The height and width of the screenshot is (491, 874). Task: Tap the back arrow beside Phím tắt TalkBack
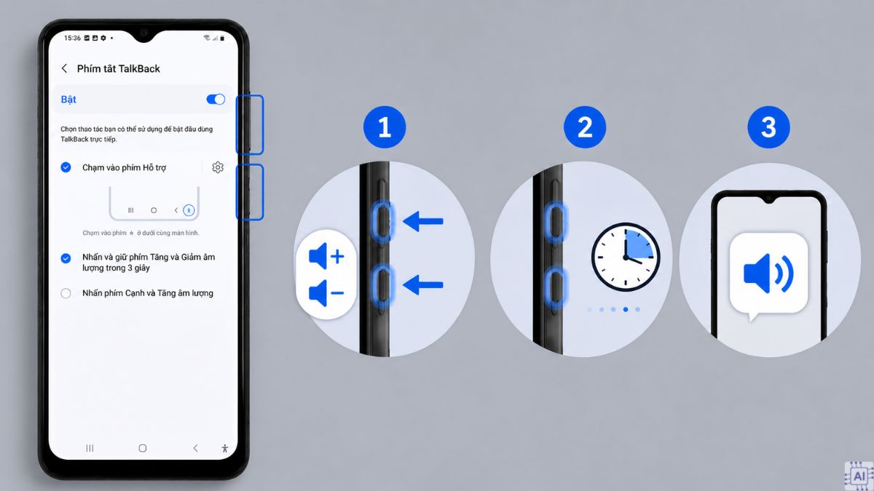pos(64,68)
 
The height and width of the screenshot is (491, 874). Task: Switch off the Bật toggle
pos(216,100)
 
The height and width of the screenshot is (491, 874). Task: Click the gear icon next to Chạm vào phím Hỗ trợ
pos(218,167)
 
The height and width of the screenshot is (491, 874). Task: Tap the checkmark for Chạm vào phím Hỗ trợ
pos(66,167)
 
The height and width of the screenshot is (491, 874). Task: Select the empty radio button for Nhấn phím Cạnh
pos(66,293)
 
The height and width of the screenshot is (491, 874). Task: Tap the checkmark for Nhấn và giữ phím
pos(66,258)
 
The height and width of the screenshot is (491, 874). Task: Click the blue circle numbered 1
pos(385,127)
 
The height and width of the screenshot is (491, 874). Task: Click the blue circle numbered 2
pos(585,127)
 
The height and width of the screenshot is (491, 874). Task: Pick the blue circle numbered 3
pos(768,127)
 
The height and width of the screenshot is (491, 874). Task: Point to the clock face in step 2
pos(626,258)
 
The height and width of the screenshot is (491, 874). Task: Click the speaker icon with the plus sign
pos(326,256)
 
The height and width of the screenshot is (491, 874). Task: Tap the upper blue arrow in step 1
pos(423,221)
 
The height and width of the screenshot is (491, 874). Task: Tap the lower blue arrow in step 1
pos(423,285)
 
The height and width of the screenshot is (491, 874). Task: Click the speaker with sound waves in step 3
pos(768,274)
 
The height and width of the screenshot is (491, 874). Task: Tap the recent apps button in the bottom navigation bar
pos(90,448)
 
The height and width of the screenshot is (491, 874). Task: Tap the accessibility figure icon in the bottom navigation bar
pos(225,448)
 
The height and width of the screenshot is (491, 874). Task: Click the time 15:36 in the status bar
pos(72,38)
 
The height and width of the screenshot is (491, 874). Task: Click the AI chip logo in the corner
pos(859,476)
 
